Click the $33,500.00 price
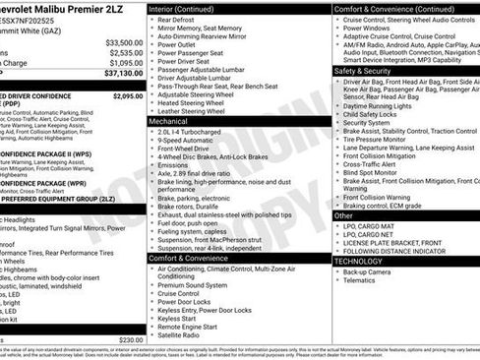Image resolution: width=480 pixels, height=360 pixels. [x=124, y=42]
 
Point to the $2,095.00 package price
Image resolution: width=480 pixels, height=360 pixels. [x=127, y=96]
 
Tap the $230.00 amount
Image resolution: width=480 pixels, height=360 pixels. [x=131, y=339]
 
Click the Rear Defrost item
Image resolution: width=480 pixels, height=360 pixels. [x=176, y=20]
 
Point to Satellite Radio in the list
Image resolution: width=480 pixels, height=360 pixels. [x=184, y=334]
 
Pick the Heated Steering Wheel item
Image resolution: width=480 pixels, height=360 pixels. [x=195, y=102]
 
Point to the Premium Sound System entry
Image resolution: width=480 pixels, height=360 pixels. [x=195, y=283]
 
